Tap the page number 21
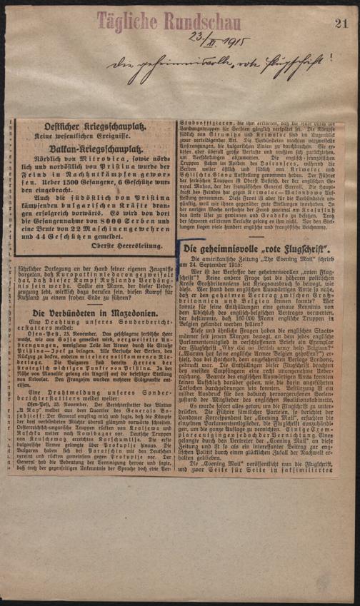(341, 24)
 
